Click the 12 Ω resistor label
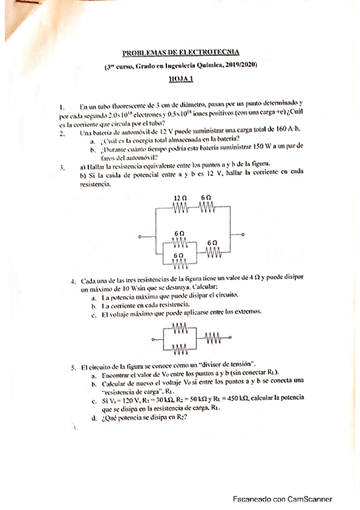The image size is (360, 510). point(179,198)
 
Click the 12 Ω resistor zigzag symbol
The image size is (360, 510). point(180,207)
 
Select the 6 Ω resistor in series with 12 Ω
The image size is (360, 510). point(206,207)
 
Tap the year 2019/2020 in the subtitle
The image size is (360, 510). point(240,66)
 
